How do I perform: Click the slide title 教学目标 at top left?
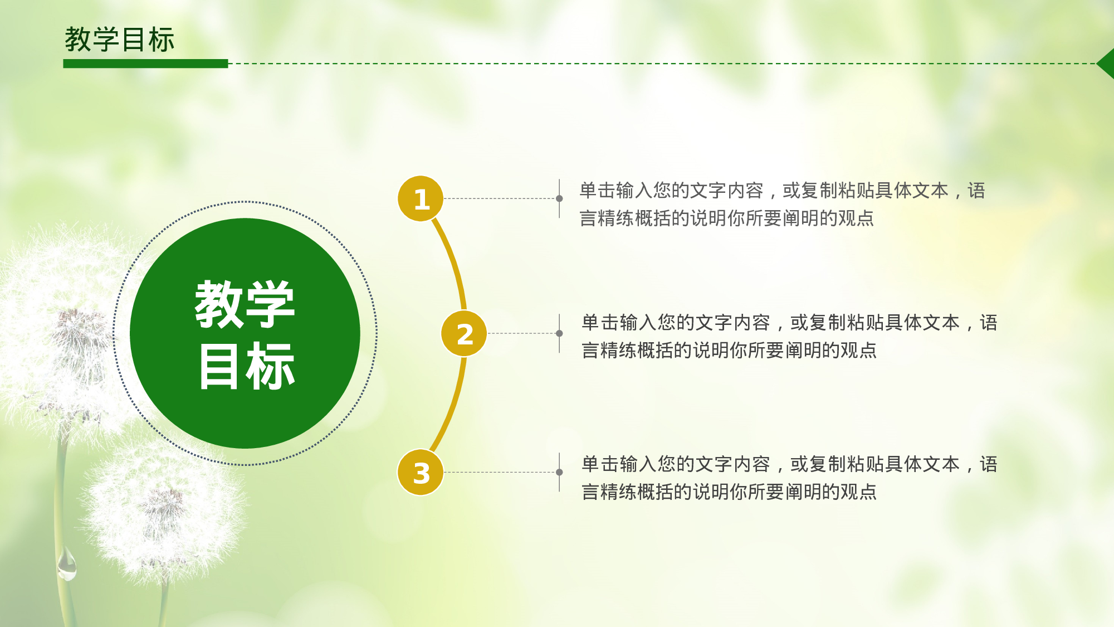click(119, 40)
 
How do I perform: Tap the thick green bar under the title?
click(145, 64)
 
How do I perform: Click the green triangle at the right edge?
click(1107, 64)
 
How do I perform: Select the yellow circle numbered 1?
click(421, 198)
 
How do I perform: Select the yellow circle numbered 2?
click(464, 333)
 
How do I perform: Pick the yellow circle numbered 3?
click(421, 473)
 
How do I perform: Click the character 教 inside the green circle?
click(219, 304)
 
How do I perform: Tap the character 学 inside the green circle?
click(270, 304)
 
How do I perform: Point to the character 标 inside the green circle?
click(270, 366)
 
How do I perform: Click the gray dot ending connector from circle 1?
click(559, 198)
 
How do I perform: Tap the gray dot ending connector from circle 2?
click(559, 333)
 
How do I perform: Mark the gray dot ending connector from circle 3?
click(559, 472)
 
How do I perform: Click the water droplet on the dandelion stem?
click(67, 564)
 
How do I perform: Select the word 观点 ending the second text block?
click(858, 351)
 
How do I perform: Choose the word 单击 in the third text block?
click(600, 464)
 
